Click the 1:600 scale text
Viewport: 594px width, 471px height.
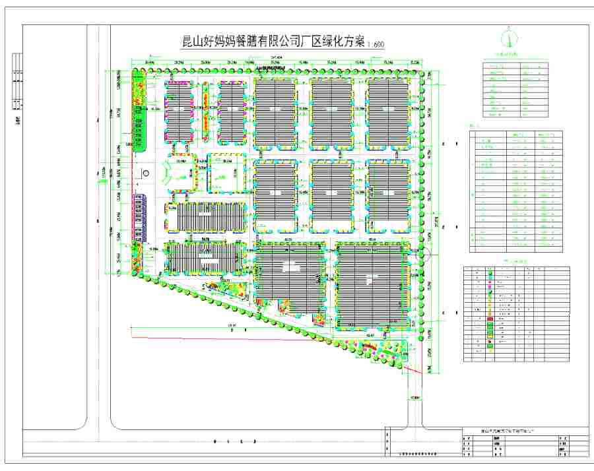coord(374,44)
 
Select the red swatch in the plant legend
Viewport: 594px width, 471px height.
coord(490,319)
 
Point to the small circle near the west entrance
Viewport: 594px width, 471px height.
coord(147,173)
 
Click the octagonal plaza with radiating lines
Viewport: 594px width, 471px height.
coord(181,173)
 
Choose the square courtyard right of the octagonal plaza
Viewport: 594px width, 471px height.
coord(226,173)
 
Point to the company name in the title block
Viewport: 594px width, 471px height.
coord(508,430)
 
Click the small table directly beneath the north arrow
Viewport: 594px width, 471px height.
coord(515,89)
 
